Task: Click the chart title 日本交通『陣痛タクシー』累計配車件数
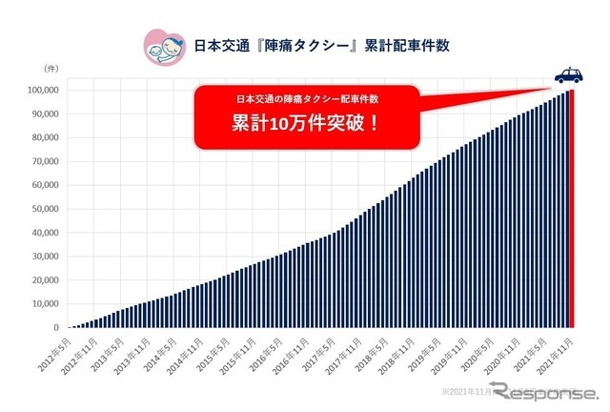coord(322,44)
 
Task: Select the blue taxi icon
coord(570,74)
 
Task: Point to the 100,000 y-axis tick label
coord(43,91)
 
